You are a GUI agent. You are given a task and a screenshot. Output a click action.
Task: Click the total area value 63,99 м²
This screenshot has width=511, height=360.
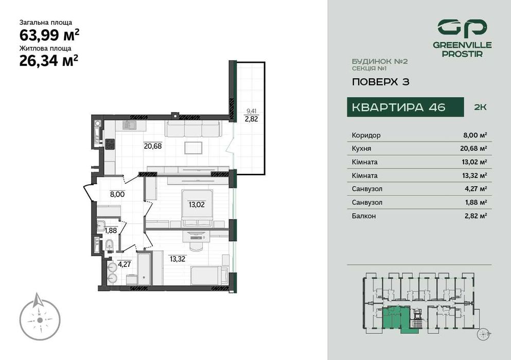pos(49,35)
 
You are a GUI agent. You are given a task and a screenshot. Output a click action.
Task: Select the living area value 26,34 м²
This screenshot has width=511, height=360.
pos(48,61)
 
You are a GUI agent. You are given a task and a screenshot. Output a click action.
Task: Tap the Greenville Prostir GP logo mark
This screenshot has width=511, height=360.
pos(462,28)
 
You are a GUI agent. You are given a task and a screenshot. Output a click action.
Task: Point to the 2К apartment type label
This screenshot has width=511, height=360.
pos(480,107)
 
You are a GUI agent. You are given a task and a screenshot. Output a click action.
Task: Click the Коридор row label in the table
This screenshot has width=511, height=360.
pos(366,135)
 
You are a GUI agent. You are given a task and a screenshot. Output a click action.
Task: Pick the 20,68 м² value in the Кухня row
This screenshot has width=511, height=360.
pos(475,149)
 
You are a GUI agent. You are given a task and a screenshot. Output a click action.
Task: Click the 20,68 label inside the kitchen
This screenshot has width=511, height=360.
pos(152,146)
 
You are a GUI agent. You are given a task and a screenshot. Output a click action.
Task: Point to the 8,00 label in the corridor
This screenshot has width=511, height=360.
pos(117,194)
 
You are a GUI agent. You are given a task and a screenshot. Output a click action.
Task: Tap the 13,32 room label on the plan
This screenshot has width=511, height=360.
pos(178,258)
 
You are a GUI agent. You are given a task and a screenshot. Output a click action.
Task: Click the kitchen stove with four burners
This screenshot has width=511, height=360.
pos(109,144)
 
